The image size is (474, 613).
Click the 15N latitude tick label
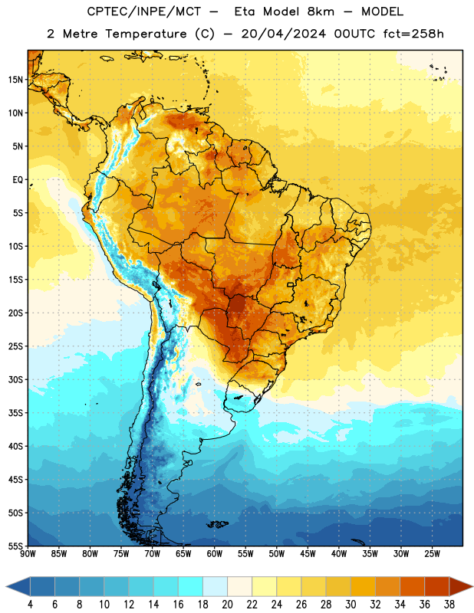pyautogui.click(x=15, y=80)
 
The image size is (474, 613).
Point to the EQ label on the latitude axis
pyautogui.click(x=18, y=180)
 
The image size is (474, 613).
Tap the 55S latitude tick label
pyautogui.click(x=15, y=546)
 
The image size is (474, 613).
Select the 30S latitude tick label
pyautogui.click(x=15, y=379)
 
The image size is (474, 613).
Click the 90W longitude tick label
pyautogui.click(x=28, y=554)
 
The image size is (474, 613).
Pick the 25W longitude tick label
pyautogui.click(x=432, y=554)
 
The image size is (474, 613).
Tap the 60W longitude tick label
pyautogui.click(x=215, y=554)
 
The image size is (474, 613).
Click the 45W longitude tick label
pyautogui.click(x=308, y=554)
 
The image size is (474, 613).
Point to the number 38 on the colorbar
pyautogui.click(x=449, y=605)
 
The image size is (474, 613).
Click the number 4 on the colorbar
pyautogui.click(x=30, y=605)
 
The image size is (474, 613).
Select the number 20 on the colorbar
pyautogui.click(x=227, y=605)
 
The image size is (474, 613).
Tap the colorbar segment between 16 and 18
pyautogui.click(x=190, y=587)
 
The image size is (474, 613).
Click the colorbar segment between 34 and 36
pyautogui.click(x=412, y=587)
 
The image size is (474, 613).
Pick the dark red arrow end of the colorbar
pyautogui.click(x=460, y=587)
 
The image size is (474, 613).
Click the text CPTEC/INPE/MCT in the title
pyautogui.click(x=144, y=11)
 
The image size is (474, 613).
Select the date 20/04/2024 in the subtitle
pyautogui.click(x=283, y=34)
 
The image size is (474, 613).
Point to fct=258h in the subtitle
pyautogui.click(x=413, y=34)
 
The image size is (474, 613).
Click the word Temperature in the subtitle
pyautogui.click(x=146, y=34)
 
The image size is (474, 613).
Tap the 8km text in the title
pyautogui.click(x=321, y=11)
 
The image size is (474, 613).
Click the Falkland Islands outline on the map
pyautogui.click(x=218, y=524)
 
